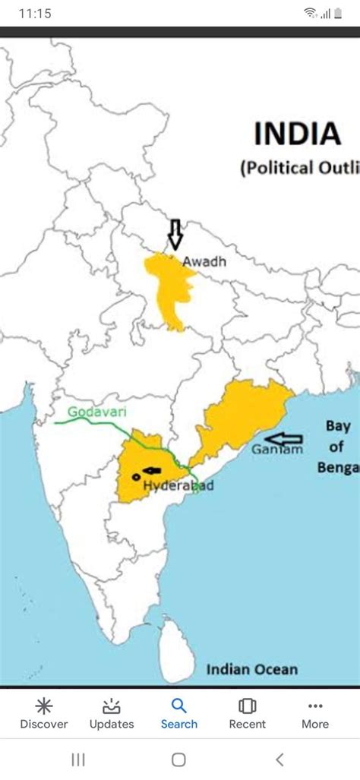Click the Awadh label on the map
[204, 261]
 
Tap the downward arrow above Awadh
[175, 235]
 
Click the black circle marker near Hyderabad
[135, 476]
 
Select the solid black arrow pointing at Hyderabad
[152, 471]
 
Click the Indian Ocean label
[251, 669]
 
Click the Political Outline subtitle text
[299, 169]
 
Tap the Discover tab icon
[44, 706]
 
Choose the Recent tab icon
[248, 706]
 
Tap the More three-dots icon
[315, 706]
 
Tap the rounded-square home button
[178, 759]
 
